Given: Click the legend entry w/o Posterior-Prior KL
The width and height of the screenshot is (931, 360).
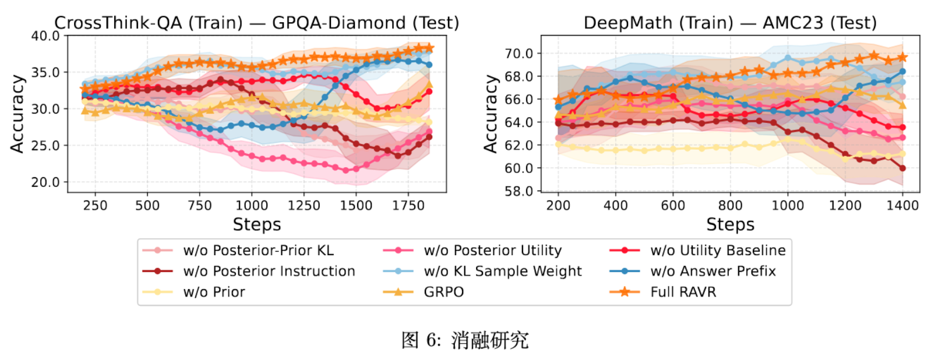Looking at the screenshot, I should [x=258, y=250].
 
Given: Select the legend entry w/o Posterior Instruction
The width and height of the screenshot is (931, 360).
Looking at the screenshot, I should [x=269, y=271].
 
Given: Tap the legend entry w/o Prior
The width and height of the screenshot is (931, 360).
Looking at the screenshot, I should [x=214, y=292].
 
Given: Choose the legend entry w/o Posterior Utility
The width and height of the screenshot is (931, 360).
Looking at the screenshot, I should [x=492, y=250].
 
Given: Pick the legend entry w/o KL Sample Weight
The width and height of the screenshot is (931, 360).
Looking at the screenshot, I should [x=502, y=271].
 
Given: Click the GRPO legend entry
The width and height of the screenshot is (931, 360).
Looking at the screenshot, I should [x=443, y=292].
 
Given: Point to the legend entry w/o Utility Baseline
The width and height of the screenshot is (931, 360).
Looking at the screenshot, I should [x=718, y=250].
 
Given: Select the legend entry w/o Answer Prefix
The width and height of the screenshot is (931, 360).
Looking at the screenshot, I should [x=713, y=271].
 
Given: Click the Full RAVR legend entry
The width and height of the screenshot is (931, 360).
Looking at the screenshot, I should [x=683, y=292].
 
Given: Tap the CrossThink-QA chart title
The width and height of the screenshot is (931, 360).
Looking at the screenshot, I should [x=256, y=23].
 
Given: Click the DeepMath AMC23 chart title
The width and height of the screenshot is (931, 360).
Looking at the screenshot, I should [x=730, y=23].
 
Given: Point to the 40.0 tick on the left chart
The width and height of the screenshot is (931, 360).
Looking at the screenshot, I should [x=45, y=36].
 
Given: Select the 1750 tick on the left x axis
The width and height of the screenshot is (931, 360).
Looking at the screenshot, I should [x=408, y=206].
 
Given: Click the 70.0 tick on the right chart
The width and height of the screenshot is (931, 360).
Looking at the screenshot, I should [x=519, y=54].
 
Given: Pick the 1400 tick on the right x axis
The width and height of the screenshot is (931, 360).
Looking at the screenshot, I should [x=902, y=206].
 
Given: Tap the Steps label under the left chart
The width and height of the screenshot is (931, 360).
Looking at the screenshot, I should [x=256, y=224].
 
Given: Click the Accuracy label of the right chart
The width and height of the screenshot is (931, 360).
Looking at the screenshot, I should [x=491, y=114].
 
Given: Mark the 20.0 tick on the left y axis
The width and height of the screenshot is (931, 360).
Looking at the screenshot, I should [x=45, y=182].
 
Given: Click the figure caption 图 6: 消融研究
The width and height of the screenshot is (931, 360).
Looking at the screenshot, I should [x=465, y=340].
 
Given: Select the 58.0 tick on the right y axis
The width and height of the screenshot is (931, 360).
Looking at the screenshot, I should [x=519, y=191].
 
